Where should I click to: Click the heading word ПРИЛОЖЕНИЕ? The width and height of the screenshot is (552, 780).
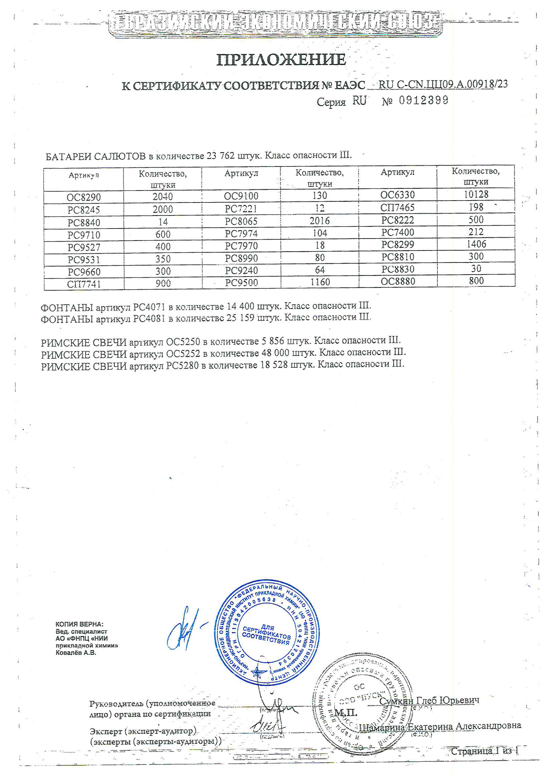click(281, 60)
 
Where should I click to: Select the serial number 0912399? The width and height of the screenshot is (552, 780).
click(423, 100)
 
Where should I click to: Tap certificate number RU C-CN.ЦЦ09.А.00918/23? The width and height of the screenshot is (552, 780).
click(443, 84)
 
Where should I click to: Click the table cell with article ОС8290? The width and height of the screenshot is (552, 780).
click(84, 197)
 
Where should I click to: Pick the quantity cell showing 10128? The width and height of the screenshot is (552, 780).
click(476, 194)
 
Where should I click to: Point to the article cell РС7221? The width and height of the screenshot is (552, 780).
click(241, 208)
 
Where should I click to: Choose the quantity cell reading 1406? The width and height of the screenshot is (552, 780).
click(476, 244)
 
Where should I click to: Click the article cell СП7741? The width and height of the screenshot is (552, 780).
click(84, 284)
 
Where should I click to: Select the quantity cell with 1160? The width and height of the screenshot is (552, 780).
click(320, 282)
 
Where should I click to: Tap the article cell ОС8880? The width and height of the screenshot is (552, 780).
click(398, 281)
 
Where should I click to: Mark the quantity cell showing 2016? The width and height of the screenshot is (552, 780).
click(319, 221)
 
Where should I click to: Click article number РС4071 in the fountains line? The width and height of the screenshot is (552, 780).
click(149, 307)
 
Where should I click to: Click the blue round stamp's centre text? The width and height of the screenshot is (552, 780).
click(266, 635)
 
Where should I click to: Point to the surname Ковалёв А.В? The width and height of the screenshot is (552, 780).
click(76, 653)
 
